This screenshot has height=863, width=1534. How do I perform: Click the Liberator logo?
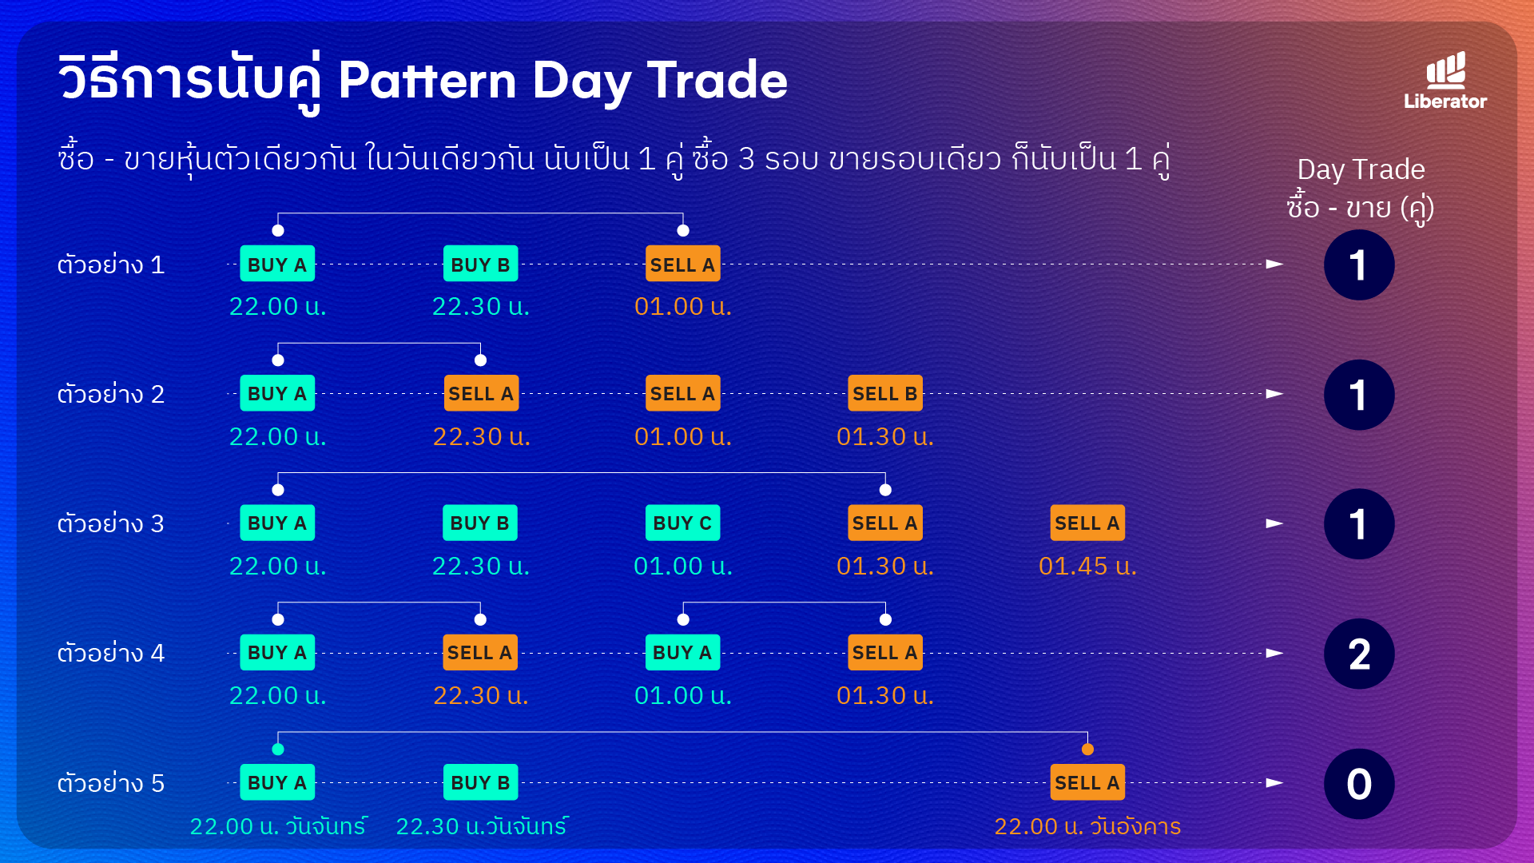(x=1445, y=81)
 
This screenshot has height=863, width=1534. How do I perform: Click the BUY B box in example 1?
(x=481, y=264)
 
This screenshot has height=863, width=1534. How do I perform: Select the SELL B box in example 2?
(x=885, y=393)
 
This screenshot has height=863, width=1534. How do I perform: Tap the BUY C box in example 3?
(x=682, y=523)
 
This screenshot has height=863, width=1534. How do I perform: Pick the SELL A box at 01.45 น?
(x=1087, y=523)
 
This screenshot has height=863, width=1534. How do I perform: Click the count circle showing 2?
(x=1359, y=654)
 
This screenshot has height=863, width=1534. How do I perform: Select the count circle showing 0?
(x=1359, y=784)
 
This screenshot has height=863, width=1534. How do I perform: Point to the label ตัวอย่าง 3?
(x=110, y=523)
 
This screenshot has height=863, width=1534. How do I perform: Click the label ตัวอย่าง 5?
(x=110, y=782)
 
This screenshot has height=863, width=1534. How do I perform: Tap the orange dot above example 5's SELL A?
(x=1087, y=750)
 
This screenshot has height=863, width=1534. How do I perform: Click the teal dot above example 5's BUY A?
(x=278, y=750)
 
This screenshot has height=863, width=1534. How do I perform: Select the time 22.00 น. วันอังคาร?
(x=1087, y=825)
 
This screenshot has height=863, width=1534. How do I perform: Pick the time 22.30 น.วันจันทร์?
(x=482, y=825)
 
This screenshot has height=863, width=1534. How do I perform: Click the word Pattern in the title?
(x=427, y=81)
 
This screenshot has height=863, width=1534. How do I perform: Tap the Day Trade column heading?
(x=1361, y=169)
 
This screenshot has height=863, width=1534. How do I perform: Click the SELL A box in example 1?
(x=683, y=264)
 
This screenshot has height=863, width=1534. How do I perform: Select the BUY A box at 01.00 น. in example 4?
(x=682, y=652)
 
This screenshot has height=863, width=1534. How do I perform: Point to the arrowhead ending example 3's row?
(x=1275, y=523)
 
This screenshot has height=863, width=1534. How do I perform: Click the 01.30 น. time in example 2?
(x=885, y=436)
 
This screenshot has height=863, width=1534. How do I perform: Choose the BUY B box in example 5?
(x=481, y=782)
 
